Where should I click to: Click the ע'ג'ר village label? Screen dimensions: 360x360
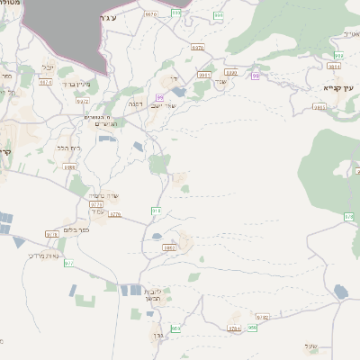click(x=131, y=15)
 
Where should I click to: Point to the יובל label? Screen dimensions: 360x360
click(x=49, y=67)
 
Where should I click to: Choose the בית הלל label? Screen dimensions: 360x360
click(x=67, y=148)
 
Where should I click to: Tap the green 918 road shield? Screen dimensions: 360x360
click(x=156, y=211)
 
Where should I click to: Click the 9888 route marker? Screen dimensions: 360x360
click(x=69, y=167)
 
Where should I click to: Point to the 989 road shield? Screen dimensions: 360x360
click(x=219, y=15)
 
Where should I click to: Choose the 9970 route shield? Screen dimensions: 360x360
click(x=149, y=14)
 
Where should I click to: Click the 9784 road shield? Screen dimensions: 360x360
click(x=234, y=329)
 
